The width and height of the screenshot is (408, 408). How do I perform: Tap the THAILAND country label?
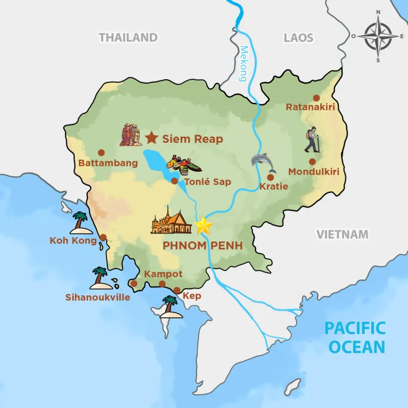point(128,37)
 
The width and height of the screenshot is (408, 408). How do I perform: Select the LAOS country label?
point(298,37)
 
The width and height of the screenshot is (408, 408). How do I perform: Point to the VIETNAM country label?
point(342,234)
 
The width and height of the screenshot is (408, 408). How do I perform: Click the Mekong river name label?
point(243,64)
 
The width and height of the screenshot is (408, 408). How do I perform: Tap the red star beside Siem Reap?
point(151,138)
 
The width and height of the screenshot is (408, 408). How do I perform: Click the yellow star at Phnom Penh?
point(204,225)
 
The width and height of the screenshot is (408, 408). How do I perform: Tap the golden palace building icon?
point(172,221)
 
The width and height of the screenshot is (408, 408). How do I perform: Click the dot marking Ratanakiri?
point(316,97)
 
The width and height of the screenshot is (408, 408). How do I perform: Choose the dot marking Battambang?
point(101,152)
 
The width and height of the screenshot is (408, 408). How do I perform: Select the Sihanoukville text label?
point(97,297)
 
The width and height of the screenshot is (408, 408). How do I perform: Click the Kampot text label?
point(163,274)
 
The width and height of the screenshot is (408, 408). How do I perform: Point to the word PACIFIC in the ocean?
point(356,327)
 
